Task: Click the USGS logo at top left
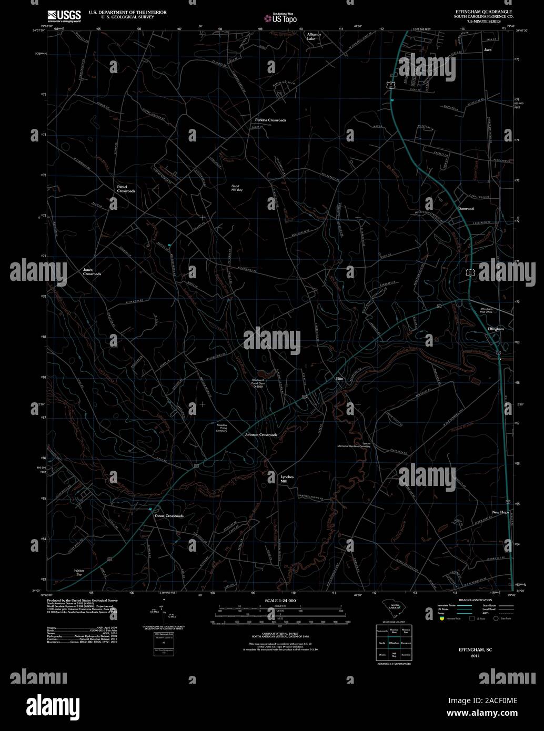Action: point(64,16)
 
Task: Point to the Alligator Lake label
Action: point(314,36)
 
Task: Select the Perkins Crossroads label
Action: point(270,120)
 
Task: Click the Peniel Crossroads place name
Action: point(126,189)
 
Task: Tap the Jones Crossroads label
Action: point(92,272)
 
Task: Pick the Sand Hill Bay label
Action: point(237,188)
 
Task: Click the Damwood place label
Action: point(466,209)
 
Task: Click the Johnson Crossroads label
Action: point(261,435)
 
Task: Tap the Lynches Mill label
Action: point(287,479)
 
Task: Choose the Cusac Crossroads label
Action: point(169,516)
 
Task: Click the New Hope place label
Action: point(500,512)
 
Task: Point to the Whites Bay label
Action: point(79,573)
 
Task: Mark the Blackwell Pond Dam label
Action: point(258,383)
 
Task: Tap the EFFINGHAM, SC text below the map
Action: point(475,651)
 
